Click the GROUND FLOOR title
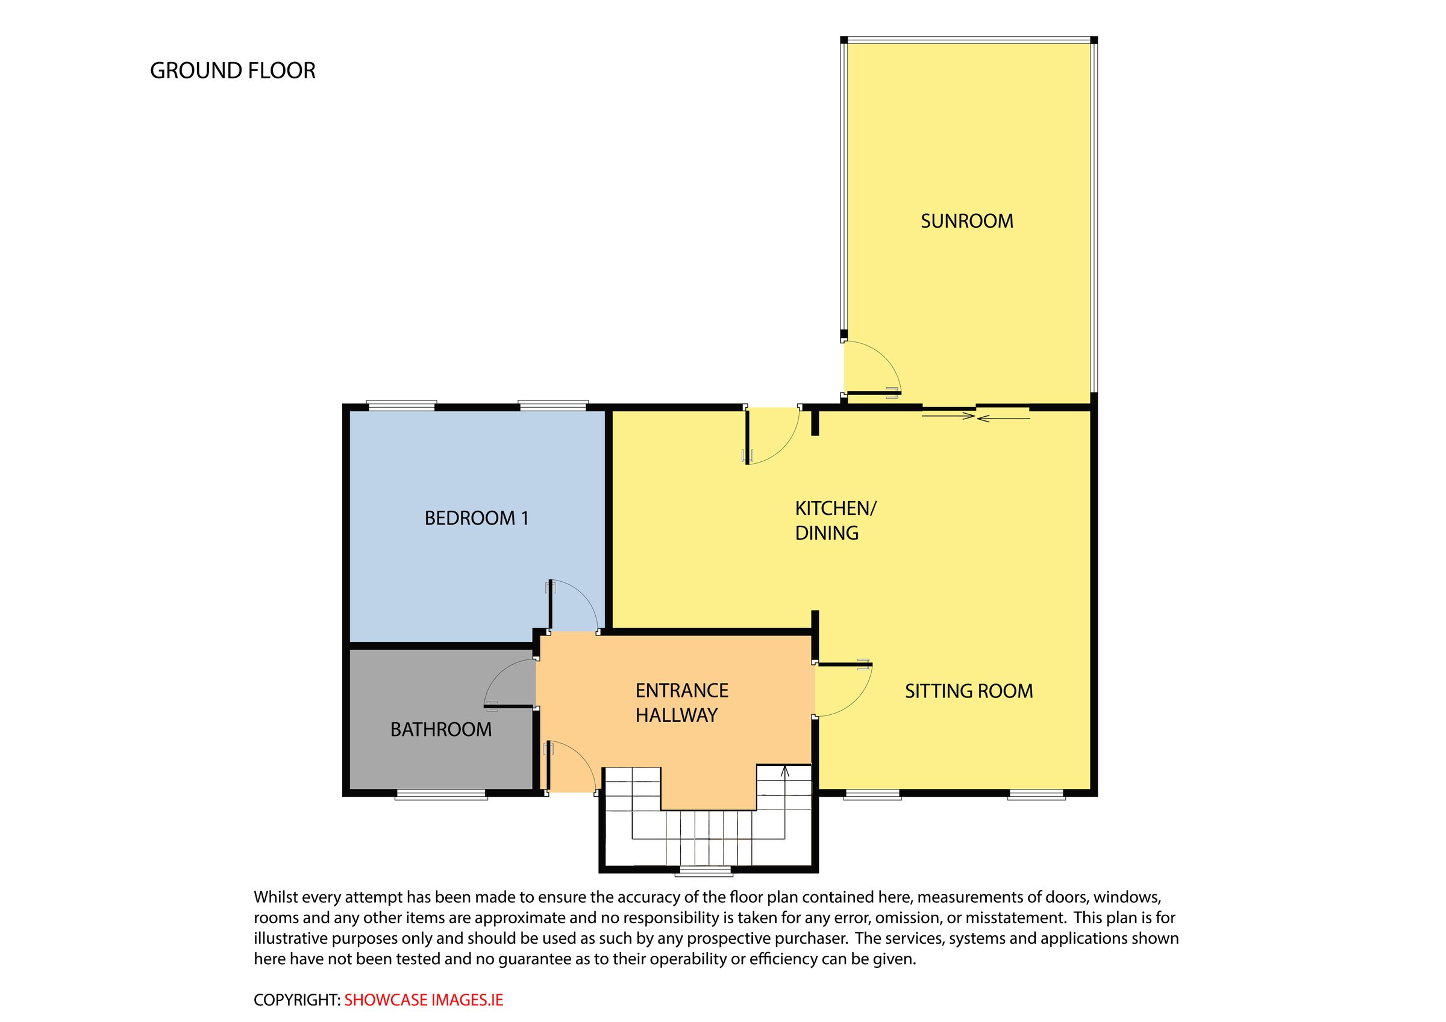233,70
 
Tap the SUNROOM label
967,221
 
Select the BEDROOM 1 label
476,519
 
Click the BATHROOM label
441,729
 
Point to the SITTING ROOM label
969,691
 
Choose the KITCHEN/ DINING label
834,520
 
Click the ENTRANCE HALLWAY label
681,703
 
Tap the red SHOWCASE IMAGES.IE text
424,1000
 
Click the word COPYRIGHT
296,1000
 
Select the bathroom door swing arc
504,680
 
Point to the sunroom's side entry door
872,369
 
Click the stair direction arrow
784,771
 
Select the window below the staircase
704,872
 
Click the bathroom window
441,796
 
